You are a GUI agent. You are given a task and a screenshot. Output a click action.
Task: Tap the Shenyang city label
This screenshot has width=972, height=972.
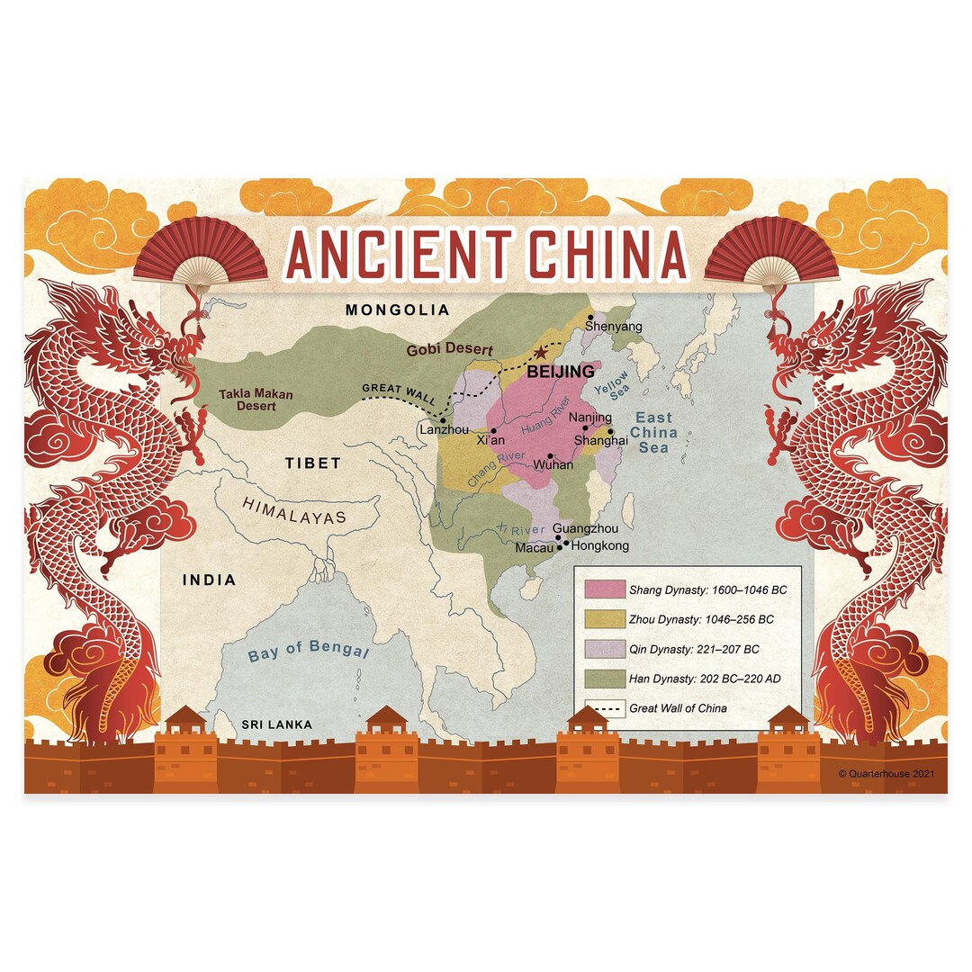click(614, 327)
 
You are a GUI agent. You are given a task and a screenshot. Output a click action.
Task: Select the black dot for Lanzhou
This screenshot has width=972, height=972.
click(443, 420)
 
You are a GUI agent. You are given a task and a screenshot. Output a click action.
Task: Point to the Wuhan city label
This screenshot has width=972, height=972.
click(553, 465)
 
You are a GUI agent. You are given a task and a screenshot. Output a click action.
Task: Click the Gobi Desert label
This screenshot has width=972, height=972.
click(450, 350)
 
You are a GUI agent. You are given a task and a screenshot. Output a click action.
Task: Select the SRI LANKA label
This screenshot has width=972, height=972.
click(276, 724)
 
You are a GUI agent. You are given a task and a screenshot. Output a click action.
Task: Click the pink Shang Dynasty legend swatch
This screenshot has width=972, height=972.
click(603, 590)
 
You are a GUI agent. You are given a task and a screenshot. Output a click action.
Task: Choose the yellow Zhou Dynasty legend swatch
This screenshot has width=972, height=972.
click(603, 619)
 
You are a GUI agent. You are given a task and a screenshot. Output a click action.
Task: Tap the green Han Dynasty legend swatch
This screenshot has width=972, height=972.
click(603, 679)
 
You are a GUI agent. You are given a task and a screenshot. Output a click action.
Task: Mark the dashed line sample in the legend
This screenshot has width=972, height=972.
click(603, 708)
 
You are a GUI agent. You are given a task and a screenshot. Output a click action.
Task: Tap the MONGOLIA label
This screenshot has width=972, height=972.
click(397, 310)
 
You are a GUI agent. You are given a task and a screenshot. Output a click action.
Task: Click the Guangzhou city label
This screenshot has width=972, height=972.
click(585, 529)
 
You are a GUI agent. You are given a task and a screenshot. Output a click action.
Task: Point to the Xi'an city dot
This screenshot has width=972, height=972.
click(493, 430)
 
